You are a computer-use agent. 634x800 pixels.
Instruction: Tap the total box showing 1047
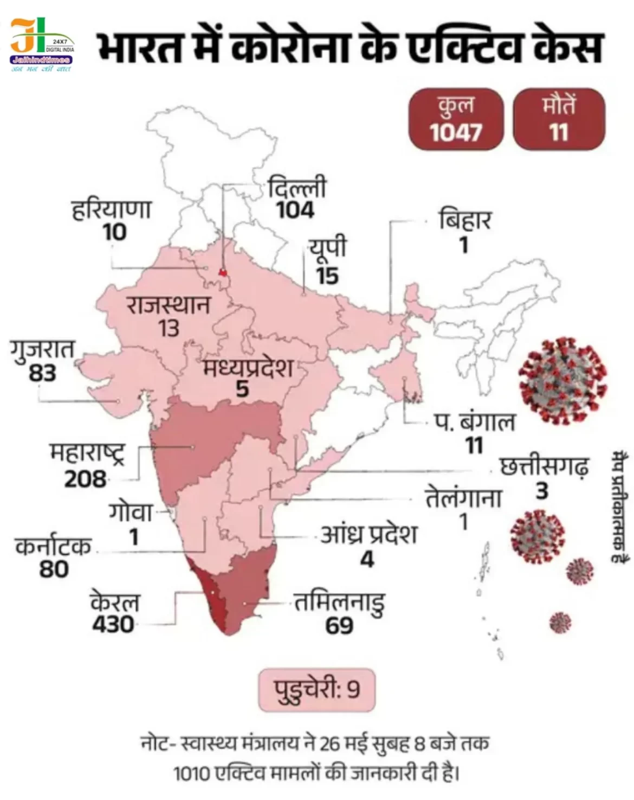click(x=456, y=119)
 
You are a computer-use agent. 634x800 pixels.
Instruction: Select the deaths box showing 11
click(x=559, y=119)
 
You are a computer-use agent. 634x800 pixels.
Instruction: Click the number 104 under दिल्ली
click(x=295, y=210)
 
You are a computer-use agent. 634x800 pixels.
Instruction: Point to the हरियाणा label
click(x=111, y=210)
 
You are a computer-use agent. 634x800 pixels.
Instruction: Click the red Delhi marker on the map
click(x=222, y=271)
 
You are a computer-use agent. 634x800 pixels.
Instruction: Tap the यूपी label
click(x=327, y=248)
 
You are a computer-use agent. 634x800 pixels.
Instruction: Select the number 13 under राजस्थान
click(x=169, y=329)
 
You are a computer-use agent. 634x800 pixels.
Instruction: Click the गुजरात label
click(x=42, y=349)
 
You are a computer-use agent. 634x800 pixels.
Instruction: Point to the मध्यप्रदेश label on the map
click(x=248, y=369)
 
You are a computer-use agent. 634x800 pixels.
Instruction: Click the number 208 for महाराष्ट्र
click(x=86, y=479)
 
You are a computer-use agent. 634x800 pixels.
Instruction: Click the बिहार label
click(x=464, y=221)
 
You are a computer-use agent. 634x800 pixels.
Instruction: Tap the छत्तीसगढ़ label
click(x=544, y=467)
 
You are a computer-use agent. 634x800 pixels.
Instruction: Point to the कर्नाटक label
click(x=53, y=547)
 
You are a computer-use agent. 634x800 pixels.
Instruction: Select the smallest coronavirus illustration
click(x=560, y=622)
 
